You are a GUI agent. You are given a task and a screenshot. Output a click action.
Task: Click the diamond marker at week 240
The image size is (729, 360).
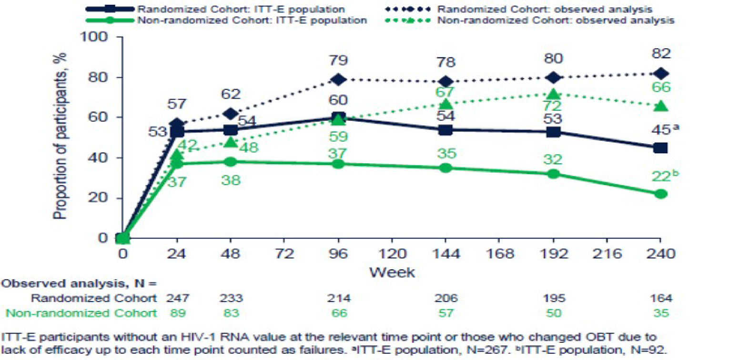660,73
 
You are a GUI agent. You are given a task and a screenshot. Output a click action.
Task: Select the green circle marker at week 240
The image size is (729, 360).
660,194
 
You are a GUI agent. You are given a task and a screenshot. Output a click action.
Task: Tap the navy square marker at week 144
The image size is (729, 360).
445,130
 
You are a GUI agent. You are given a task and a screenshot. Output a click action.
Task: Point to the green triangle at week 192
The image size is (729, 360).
553,94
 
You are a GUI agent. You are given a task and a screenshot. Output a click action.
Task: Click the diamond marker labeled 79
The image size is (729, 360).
338,80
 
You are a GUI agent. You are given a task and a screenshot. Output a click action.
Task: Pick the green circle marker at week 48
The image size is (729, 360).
231,161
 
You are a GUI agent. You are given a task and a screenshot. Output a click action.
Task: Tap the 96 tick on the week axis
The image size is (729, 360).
338,254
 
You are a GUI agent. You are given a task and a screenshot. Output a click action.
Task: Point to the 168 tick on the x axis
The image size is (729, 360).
499,254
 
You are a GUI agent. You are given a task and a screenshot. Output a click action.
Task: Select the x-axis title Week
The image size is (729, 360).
392,272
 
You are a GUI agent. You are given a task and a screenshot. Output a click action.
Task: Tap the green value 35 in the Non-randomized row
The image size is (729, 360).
660,313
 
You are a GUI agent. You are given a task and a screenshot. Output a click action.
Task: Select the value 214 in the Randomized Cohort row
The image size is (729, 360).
338,299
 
